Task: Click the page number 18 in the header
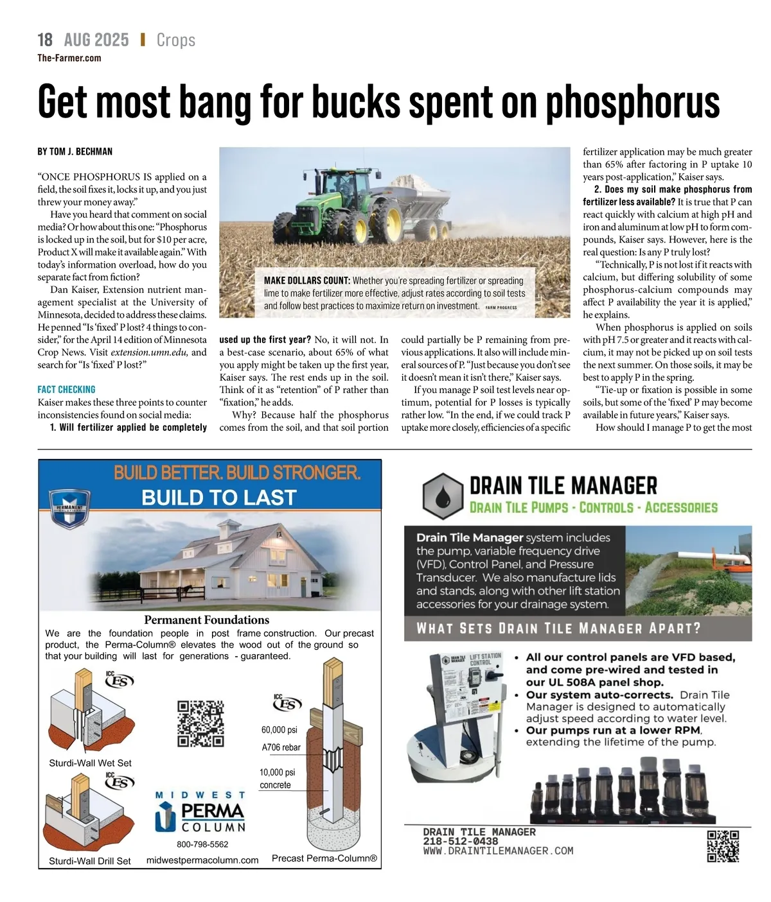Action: pyautogui.click(x=45, y=40)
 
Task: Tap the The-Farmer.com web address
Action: pyautogui.click(x=69, y=58)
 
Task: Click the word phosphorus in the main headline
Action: pyautogui.click(x=632, y=103)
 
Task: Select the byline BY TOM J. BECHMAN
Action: pyautogui.click(x=75, y=152)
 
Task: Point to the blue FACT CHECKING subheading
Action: pyautogui.click(x=66, y=389)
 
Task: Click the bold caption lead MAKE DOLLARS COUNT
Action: pyautogui.click(x=306, y=281)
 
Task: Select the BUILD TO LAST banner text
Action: pyautogui.click(x=218, y=498)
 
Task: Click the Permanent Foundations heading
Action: pyautogui.click(x=206, y=620)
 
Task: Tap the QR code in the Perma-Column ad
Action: pyautogui.click(x=200, y=724)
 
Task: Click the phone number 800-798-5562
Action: pyautogui.click(x=202, y=844)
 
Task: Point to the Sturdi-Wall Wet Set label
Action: pyautogui.click(x=90, y=763)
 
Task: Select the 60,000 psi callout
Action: pyautogui.click(x=279, y=730)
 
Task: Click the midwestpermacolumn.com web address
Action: pyautogui.click(x=202, y=860)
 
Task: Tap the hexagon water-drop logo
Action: pyautogui.click(x=443, y=496)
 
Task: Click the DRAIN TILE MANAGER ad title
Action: pyautogui.click(x=563, y=485)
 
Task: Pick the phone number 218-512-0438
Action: pyautogui.click(x=460, y=841)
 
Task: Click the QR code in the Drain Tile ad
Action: pyautogui.click(x=722, y=846)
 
